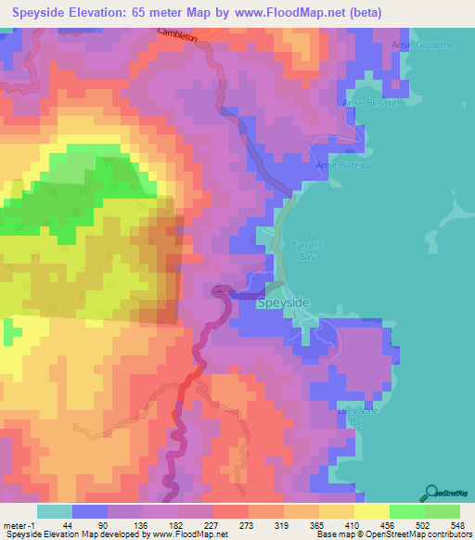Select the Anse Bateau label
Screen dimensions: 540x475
(x=343, y=165)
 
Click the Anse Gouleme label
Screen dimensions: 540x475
(x=411, y=45)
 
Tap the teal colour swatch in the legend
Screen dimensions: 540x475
(x=55, y=511)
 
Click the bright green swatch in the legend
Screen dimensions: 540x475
(x=406, y=511)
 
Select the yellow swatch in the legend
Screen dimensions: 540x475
(x=371, y=511)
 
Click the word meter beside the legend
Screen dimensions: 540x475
(x=15, y=525)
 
